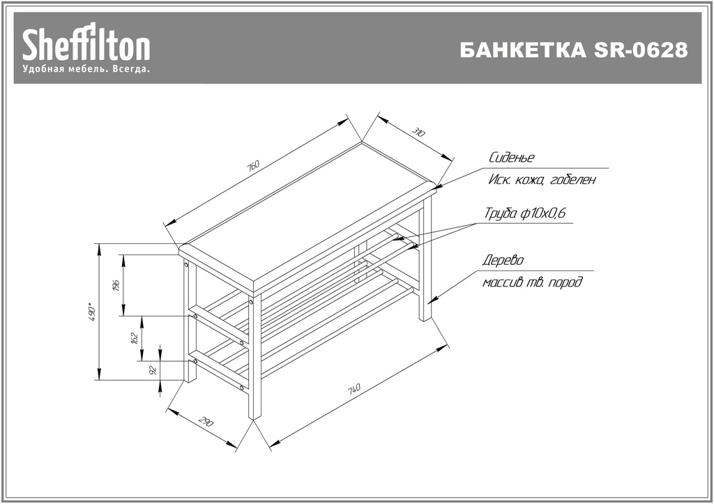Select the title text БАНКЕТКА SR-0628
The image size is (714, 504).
(573, 50)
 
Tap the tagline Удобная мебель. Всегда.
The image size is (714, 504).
(86, 69)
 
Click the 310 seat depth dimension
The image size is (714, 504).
(418, 132)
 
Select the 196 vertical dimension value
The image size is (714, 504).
(116, 285)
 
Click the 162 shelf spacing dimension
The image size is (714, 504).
(135, 338)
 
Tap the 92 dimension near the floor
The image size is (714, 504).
(153, 370)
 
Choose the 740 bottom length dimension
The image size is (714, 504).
(354, 389)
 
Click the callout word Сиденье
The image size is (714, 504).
(511, 158)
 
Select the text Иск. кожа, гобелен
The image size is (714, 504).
(542, 180)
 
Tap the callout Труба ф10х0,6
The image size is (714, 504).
(524, 213)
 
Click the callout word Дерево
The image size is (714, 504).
(503, 261)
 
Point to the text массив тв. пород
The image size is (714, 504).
(532, 282)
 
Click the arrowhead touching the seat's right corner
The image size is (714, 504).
(439, 185)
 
